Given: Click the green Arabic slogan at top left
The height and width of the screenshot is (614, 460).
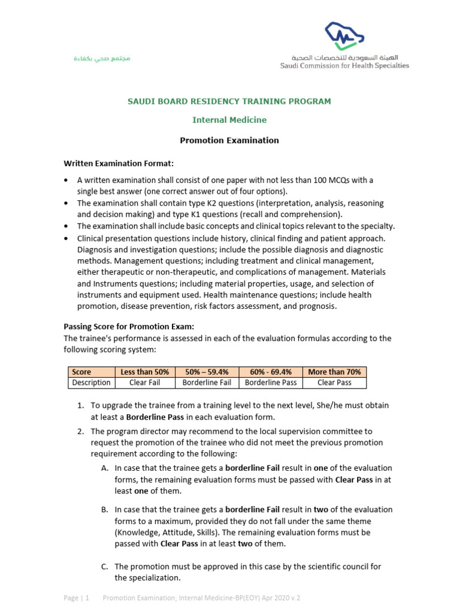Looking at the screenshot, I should (x=102, y=59).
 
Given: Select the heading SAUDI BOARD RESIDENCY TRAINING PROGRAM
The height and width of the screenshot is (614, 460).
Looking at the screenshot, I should (x=229, y=101).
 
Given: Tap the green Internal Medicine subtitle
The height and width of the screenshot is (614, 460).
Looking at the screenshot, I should (x=229, y=120).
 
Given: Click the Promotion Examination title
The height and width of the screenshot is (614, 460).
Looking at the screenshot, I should (x=229, y=140).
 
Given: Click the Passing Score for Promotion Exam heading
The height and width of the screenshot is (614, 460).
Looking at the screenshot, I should (x=129, y=327).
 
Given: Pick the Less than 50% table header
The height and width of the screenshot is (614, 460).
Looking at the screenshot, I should (x=144, y=372).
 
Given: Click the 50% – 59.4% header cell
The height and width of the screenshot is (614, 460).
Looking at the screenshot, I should (x=206, y=372).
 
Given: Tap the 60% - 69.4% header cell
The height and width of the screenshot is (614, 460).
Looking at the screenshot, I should (x=270, y=372).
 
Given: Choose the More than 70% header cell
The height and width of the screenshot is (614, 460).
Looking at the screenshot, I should (x=334, y=372).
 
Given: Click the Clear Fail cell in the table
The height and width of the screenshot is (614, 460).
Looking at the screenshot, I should (x=144, y=383).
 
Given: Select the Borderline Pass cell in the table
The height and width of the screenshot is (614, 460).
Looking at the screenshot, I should (x=270, y=383).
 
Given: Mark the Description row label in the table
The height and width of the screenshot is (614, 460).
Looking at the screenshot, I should (x=91, y=383).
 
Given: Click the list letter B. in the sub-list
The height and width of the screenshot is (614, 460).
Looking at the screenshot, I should (x=105, y=510).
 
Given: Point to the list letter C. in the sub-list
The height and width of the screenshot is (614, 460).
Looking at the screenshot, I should (x=105, y=567).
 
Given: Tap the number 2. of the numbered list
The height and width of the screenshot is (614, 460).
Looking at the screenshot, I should (x=81, y=431).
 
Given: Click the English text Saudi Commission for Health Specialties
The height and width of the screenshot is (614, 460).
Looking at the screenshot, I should (x=344, y=65).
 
